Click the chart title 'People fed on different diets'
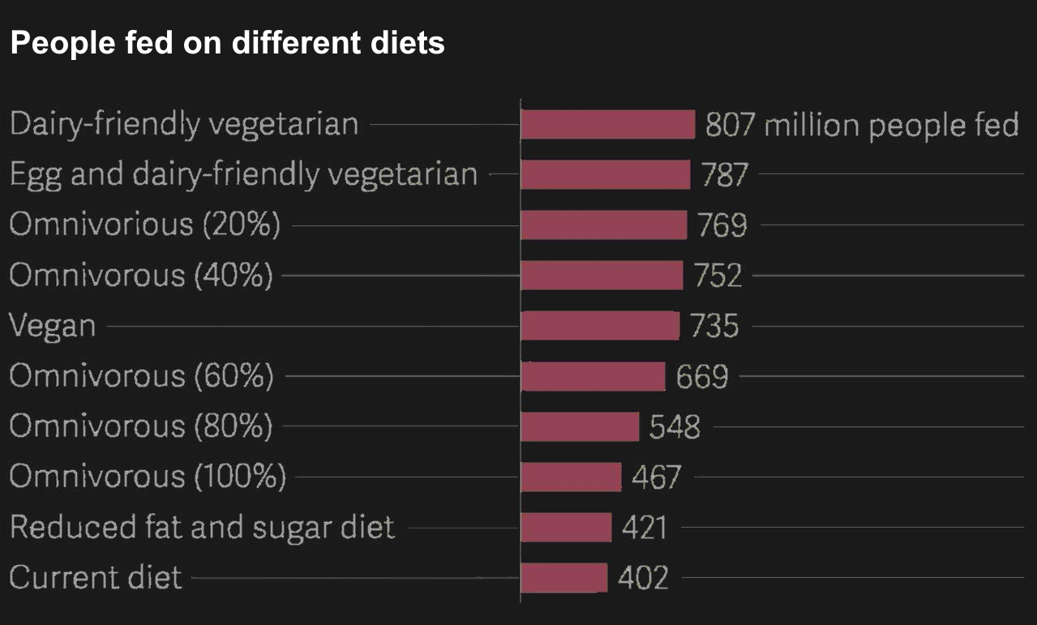click(x=227, y=43)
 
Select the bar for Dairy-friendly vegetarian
click(x=607, y=125)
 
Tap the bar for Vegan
click(x=600, y=326)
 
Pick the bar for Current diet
click(x=563, y=578)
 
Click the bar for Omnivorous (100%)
click(x=571, y=477)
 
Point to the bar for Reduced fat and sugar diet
click(x=566, y=528)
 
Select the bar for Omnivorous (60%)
click(x=593, y=376)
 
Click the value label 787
click(x=725, y=175)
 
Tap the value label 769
click(x=722, y=225)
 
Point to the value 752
click(x=718, y=276)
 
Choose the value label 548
click(x=675, y=427)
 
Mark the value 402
click(x=643, y=578)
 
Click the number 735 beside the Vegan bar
click(x=714, y=326)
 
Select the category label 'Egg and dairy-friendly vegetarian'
click(x=243, y=175)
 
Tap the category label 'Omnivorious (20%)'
click(x=145, y=225)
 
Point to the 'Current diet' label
click(x=96, y=578)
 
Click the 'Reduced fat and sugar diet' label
click(x=202, y=528)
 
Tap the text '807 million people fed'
click(x=861, y=125)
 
